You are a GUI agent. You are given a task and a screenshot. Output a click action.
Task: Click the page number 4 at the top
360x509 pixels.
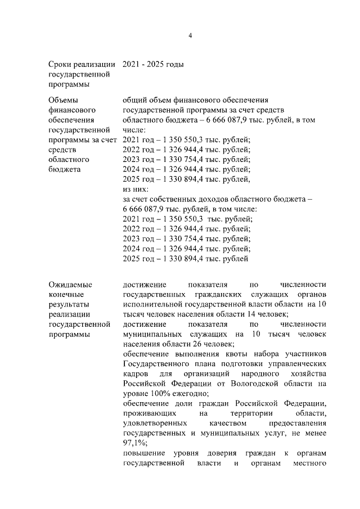point(190,35)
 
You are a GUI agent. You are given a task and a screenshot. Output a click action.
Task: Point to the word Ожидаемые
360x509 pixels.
point(70,285)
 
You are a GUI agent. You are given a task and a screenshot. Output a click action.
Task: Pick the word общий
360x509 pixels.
point(134,100)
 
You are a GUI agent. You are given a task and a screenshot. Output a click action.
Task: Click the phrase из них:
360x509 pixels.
point(136,190)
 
